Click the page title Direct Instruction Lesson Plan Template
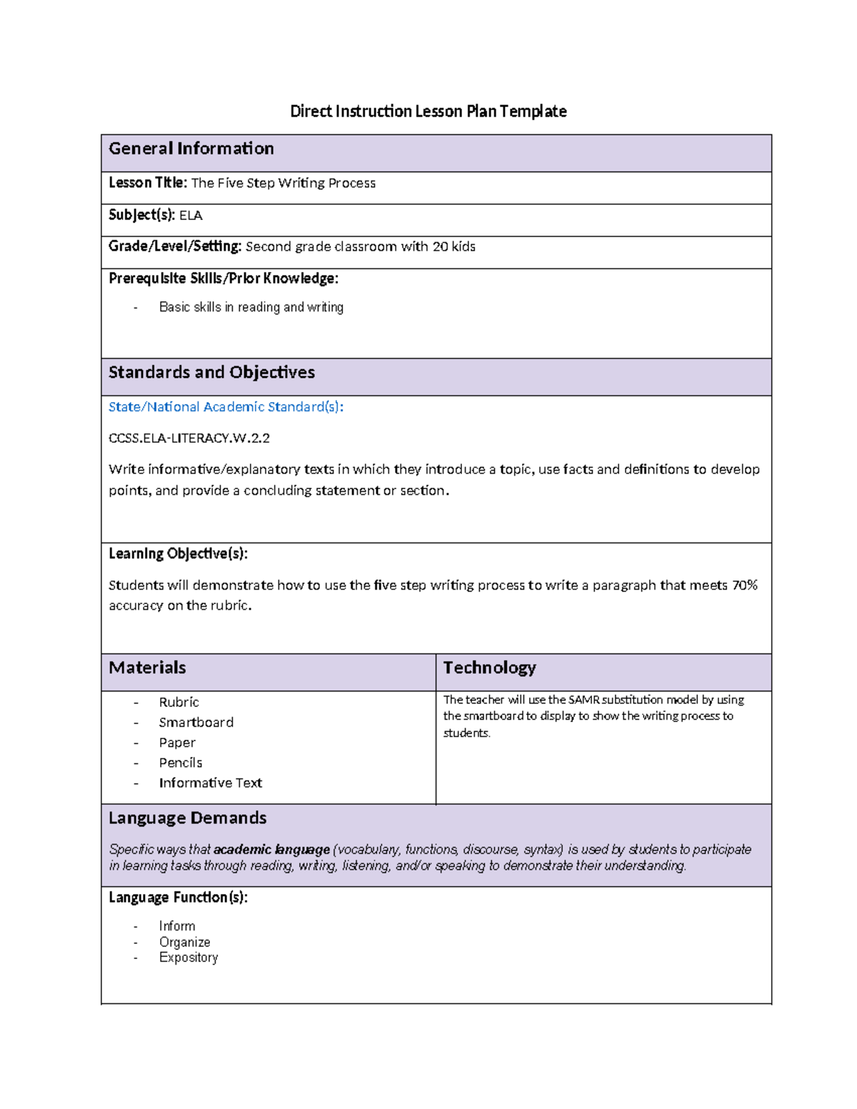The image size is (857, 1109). (428, 111)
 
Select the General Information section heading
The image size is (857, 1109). (191, 149)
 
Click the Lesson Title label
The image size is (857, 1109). (148, 183)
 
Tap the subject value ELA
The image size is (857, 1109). (191, 215)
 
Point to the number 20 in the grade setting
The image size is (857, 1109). (440, 246)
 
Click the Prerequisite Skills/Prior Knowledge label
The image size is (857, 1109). (224, 278)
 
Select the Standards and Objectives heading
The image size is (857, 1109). (211, 372)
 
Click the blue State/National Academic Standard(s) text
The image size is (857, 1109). (226, 407)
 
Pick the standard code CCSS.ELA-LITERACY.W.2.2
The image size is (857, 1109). (189, 438)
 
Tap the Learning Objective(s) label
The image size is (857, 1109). (178, 553)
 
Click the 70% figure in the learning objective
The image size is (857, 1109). (745, 585)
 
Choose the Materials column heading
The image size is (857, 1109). (147, 668)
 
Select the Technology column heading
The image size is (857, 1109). (489, 668)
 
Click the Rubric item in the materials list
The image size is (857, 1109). (179, 702)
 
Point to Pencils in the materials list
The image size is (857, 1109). (181, 763)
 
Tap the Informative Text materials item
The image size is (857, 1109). (211, 783)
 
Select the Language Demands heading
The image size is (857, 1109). (187, 818)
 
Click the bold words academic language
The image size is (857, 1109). (271, 849)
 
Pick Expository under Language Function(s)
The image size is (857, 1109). (189, 958)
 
